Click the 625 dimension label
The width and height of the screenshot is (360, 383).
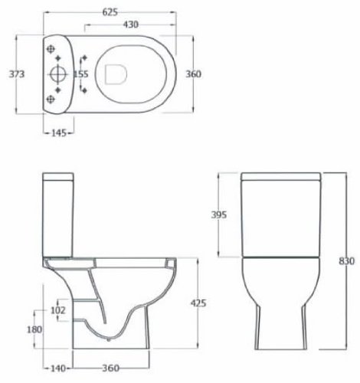pos(110,12)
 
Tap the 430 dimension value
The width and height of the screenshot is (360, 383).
pos(131,25)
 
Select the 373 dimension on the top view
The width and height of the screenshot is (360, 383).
pos(17,74)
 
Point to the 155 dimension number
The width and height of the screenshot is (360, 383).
pos(81,74)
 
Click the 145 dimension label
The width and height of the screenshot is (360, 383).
pos(59,133)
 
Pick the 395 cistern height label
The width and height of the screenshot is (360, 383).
pos(219,214)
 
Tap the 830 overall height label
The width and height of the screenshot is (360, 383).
pos(347,261)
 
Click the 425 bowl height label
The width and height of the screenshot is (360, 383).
pos(198,303)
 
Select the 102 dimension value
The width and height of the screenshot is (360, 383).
pos(58,310)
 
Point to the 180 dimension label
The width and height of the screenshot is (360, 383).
pos(34,329)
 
